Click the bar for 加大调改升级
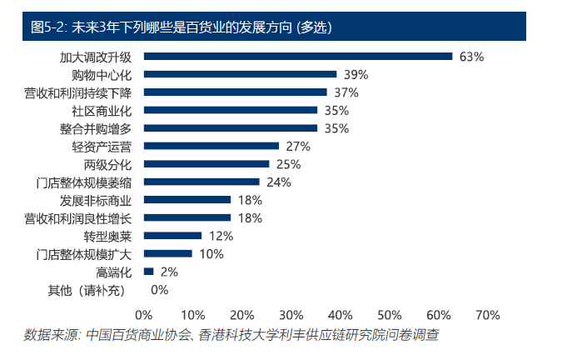pos(298,57)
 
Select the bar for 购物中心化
pos(240,74)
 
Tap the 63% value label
pos(471,57)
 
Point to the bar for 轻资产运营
pos(211,146)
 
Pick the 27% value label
pos(297,146)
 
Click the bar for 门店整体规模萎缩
pos(202,182)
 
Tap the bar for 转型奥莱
pos(173,236)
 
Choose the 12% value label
pos(221,236)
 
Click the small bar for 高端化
pos(149,272)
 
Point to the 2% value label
pos(169,272)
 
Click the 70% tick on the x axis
pos(487,315)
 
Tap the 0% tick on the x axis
pos(143,315)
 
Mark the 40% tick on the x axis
pos(340,315)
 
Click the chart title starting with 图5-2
pos(181,26)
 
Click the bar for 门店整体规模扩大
pos(168,253)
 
